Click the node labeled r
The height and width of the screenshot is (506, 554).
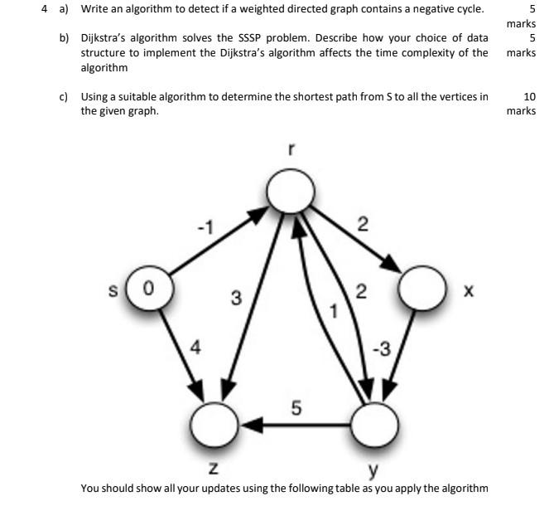(289, 193)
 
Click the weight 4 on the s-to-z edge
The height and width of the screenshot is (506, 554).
(195, 348)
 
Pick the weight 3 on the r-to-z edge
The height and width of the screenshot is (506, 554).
(236, 298)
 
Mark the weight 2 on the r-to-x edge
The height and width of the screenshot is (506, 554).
(362, 224)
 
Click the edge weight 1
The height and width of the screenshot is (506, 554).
(335, 311)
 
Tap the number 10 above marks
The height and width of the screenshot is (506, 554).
(530, 96)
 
